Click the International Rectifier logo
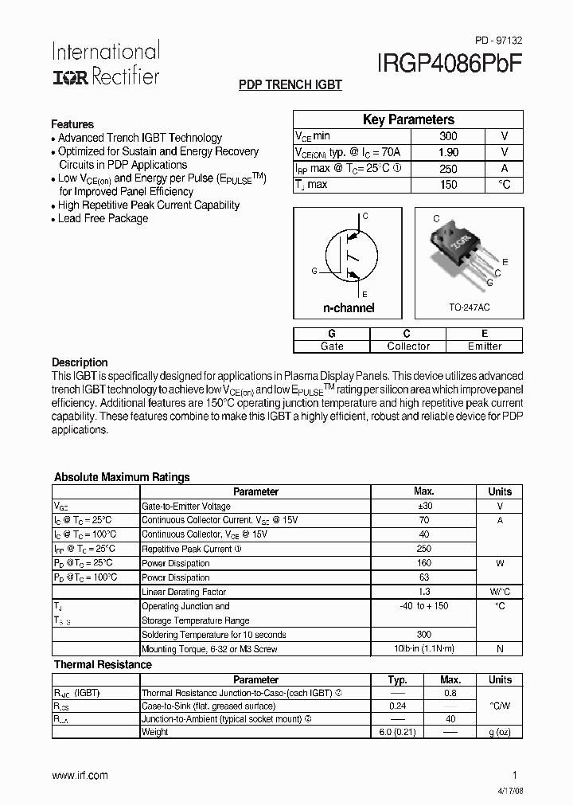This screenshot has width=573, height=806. pos(106,64)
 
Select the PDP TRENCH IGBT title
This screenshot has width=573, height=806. pos(290,85)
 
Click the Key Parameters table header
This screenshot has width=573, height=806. pos(408,119)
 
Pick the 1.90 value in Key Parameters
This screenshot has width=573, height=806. pos(448,152)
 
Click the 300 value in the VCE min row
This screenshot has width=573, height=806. pos(448,136)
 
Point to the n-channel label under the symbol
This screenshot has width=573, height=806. pos(348,307)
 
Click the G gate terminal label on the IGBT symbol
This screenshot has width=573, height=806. pos(314,272)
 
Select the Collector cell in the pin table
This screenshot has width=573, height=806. pos(407,346)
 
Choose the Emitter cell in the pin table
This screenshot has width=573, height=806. pos(484,346)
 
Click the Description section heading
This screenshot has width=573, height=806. pos(80,362)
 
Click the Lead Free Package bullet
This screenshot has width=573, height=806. pos(103,218)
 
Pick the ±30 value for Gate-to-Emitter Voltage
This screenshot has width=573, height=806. pos(423,506)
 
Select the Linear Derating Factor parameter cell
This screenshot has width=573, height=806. pos(184,592)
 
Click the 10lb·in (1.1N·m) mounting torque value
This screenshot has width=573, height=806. pos(423,649)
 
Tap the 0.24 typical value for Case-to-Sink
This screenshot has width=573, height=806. pos(397,705)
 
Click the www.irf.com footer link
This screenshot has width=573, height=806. pos(80,775)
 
